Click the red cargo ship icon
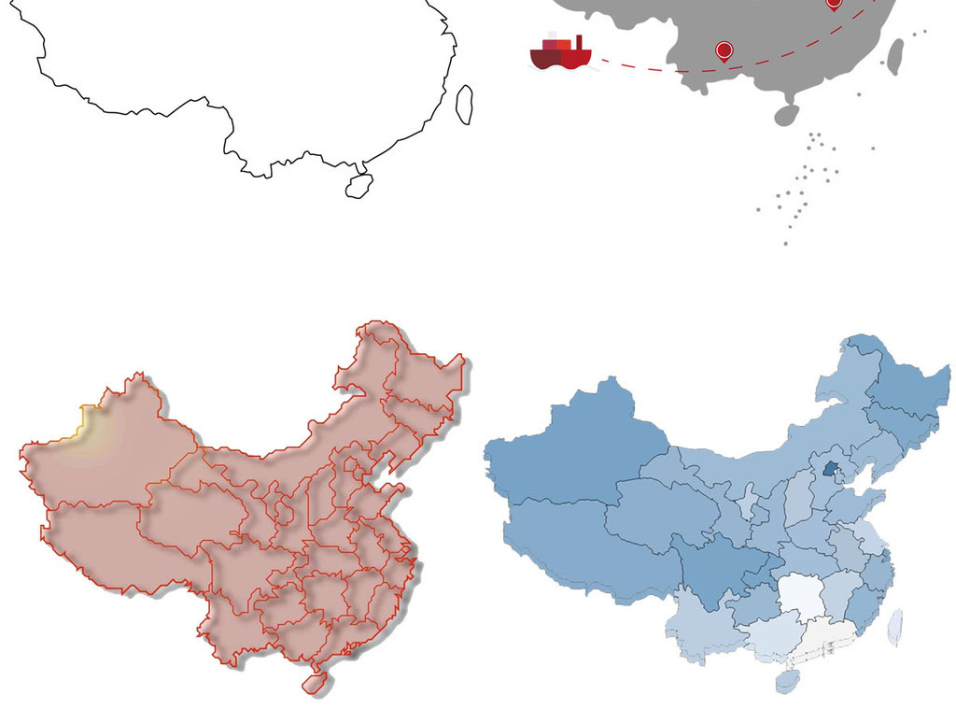tap(560, 53)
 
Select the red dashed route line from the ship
tap(654, 67)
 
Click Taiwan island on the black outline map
tap(464, 105)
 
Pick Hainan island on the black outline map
tap(358, 186)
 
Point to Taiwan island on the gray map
tap(893, 56)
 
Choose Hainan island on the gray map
tap(786, 115)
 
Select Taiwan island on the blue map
tap(894, 627)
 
